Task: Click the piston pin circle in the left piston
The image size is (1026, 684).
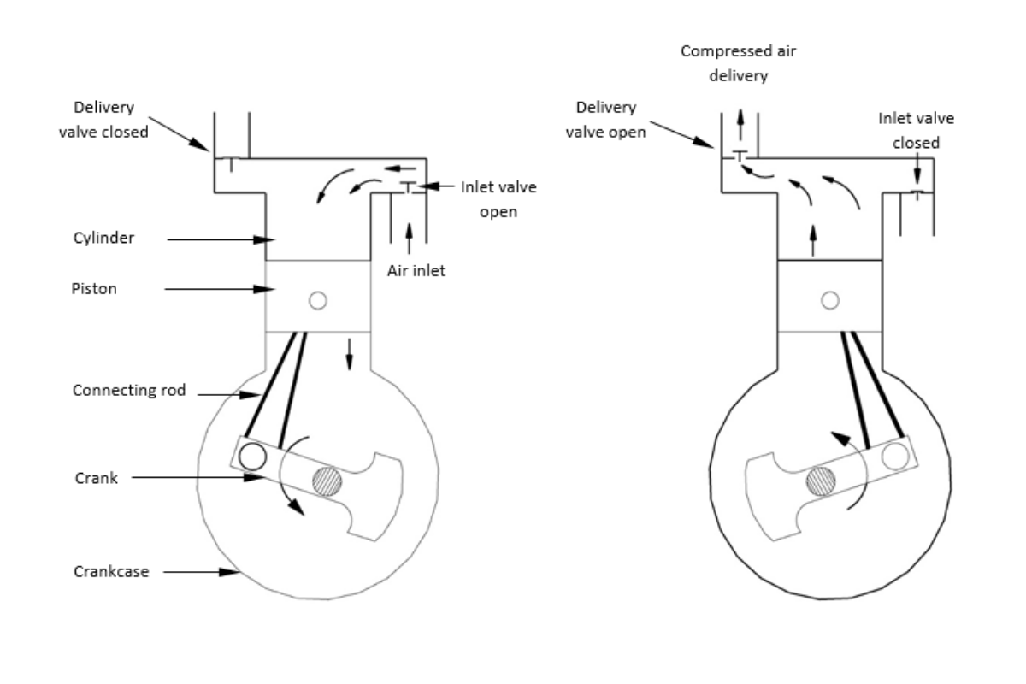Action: click(319, 300)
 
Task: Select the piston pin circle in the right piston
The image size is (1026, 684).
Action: click(829, 300)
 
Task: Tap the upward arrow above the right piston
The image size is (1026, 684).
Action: click(812, 240)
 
